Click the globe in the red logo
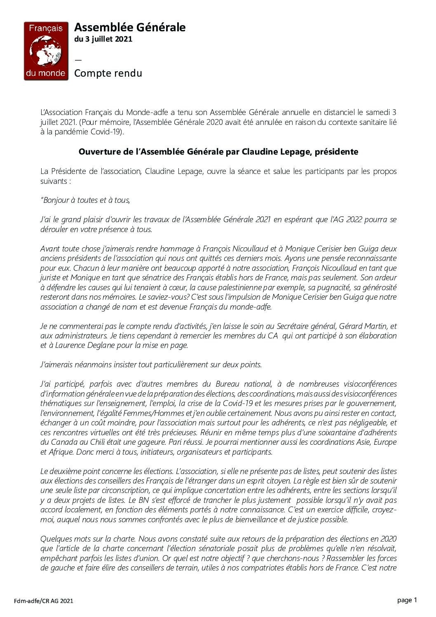45,50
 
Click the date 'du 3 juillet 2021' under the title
103,39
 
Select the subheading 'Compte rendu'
108,73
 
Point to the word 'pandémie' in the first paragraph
68,132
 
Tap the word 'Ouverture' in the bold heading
98,152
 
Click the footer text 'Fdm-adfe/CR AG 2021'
43,601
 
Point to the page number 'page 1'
407,600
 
